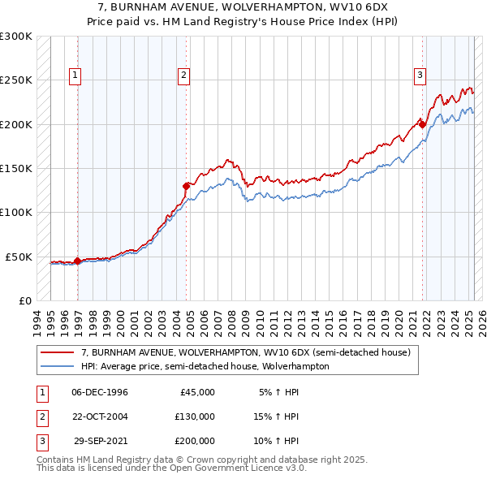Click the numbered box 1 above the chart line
tap(74, 76)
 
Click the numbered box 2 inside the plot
tap(184, 76)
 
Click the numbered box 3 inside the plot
tap(420, 76)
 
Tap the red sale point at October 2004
tap(187, 185)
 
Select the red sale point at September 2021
tap(423, 124)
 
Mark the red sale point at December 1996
tap(77, 261)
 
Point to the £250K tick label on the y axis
tap(16, 80)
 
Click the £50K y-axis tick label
tap(19, 257)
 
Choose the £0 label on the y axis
tap(25, 300)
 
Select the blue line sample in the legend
tap(58, 367)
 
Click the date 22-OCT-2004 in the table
tap(100, 416)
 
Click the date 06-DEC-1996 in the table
tap(100, 392)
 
